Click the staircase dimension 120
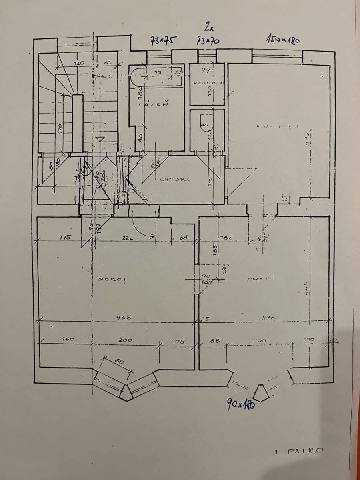[79, 63]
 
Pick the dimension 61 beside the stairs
[107, 63]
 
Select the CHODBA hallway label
[174, 180]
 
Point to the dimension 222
[128, 238]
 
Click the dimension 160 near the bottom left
[68, 339]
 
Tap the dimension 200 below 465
[126, 340]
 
